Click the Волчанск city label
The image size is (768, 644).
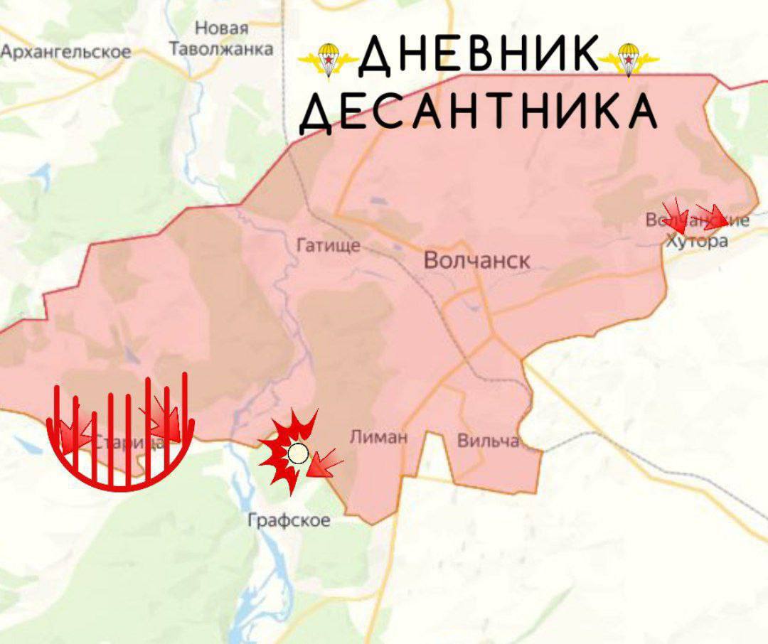pyautogui.click(x=476, y=260)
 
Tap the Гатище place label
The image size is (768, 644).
pyautogui.click(x=328, y=246)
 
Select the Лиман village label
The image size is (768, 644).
pyautogui.click(x=379, y=436)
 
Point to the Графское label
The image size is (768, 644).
pyautogui.click(x=289, y=520)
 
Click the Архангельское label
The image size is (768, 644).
pyautogui.click(x=66, y=52)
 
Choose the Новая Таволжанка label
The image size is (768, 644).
pyautogui.click(x=221, y=39)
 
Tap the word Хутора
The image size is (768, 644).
pyautogui.click(x=697, y=241)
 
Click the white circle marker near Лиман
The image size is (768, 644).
pyautogui.click(x=298, y=453)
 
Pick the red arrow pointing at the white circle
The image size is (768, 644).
pyautogui.click(x=325, y=463)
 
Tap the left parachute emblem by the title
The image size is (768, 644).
pyautogui.click(x=328, y=60)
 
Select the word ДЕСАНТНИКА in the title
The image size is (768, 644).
pyautogui.click(x=478, y=112)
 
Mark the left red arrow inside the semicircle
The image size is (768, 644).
pyautogui.click(x=75, y=431)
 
